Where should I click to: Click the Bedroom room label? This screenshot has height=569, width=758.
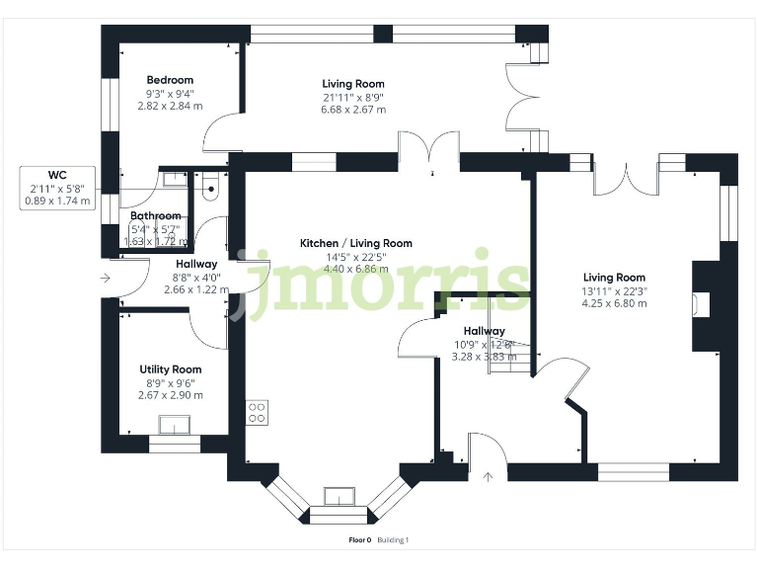(170, 80)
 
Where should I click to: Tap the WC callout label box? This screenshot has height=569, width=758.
(57, 188)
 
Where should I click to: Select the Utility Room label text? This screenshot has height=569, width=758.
(170, 368)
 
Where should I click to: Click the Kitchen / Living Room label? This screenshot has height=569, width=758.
(356, 243)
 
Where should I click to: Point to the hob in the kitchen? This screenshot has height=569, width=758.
(257, 411)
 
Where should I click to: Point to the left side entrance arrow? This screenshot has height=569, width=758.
(105, 279)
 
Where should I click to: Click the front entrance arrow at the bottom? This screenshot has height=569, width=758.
(488, 476)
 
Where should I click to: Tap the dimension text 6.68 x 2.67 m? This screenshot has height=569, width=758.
(353, 110)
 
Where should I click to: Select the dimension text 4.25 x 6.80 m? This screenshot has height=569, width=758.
(614, 304)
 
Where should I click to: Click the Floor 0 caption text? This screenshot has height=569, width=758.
(360, 540)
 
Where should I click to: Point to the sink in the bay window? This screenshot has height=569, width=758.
(339, 494)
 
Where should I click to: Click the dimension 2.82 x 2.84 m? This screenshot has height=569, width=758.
(170, 107)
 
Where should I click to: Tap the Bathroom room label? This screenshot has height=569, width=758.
(156, 216)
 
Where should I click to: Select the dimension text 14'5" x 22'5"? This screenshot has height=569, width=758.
(356, 257)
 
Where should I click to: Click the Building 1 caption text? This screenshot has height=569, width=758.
(393, 540)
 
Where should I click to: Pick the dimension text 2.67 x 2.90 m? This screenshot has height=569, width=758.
(170, 395)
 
